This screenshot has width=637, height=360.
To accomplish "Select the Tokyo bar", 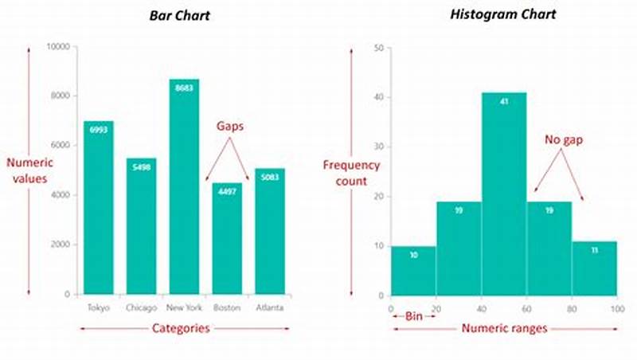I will [x=99, y=207].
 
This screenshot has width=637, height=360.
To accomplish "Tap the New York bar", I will [x=184, y=186].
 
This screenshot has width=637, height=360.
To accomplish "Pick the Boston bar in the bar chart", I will [x=226, y=238].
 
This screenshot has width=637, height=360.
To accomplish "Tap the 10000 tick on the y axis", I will [x=57, y=46].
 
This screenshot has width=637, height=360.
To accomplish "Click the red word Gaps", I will [x=230, y=127].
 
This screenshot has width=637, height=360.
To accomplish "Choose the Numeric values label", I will [x=29, y=170].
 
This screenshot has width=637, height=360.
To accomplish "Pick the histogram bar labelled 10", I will [x=412, y=271].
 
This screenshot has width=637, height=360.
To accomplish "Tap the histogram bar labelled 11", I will [x=594, y=268].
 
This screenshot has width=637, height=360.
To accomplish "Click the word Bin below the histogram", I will [x=414, y=316].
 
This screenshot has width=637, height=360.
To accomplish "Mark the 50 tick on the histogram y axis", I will [x=379, y=48].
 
